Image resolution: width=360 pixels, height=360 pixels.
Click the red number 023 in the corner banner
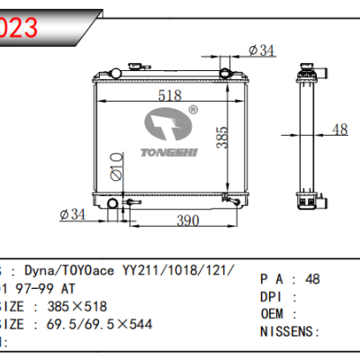[20, 27]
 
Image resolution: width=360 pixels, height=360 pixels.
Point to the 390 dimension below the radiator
[185, 220]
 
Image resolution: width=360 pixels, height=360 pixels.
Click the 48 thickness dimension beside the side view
[339, 130]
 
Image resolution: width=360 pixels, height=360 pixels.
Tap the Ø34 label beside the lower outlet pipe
[73, 214]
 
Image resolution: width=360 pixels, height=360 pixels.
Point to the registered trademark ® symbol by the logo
[192, 111]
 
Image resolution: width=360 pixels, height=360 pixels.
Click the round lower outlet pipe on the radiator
[112, 209]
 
